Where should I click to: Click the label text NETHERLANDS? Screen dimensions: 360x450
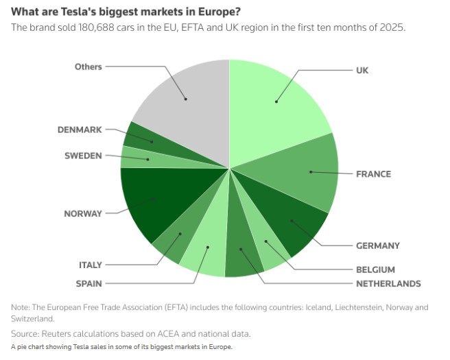click(x=388, y=283)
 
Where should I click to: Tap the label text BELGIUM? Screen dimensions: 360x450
click(x=375, y=269)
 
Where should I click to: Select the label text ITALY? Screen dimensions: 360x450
click(x=90, y=265)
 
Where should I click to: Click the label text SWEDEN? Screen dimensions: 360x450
click(x=83, y=156)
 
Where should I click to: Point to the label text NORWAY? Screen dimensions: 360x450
click(x=82, y=213)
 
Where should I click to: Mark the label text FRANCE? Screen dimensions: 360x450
click(x=373, y=173)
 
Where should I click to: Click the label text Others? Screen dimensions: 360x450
click(x=88, y=67)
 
